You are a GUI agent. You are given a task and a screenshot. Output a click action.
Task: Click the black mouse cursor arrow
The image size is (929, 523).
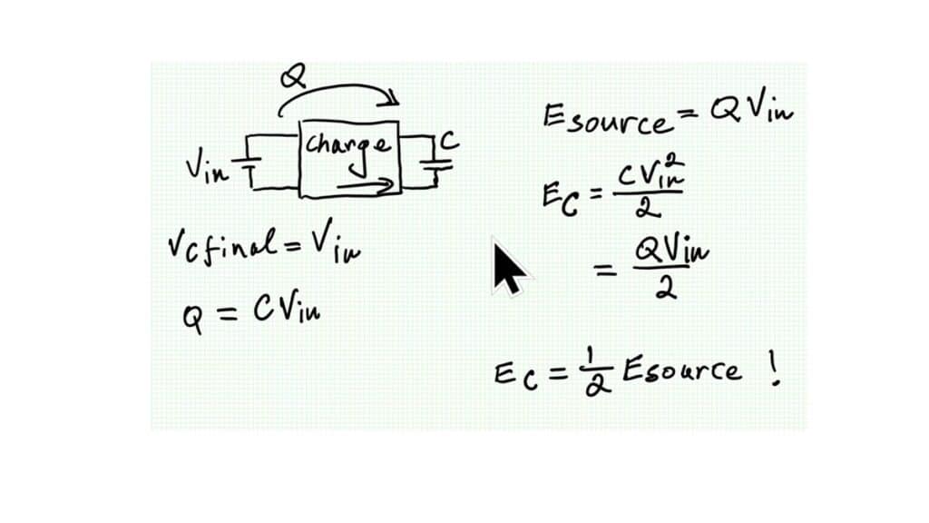[x=508, y=269]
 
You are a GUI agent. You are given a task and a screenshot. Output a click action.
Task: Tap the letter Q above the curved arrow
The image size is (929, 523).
[x=293, y=77]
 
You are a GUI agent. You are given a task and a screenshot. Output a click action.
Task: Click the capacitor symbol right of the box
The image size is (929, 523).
[x=436, y=165]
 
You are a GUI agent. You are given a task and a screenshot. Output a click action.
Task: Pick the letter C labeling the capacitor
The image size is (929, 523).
[x=448, y=142]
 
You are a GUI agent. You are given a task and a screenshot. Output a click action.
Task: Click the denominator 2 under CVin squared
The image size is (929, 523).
[x=646, y=207]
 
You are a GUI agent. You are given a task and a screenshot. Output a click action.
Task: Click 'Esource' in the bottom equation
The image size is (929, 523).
[x=681, y=371]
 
